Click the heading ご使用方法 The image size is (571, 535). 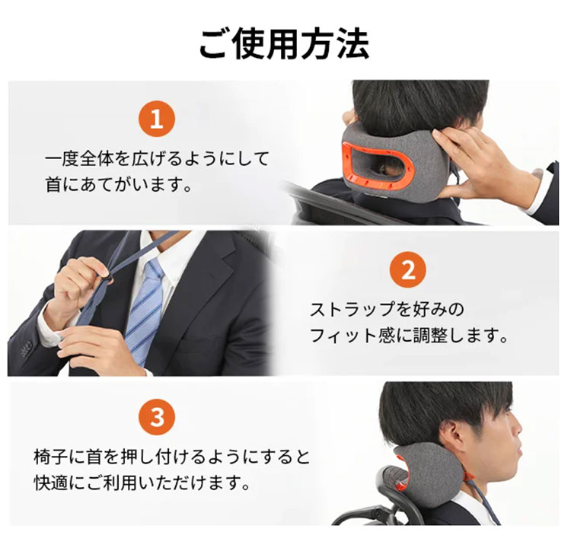pos(285,44)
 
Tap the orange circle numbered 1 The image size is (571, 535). pos(157,119)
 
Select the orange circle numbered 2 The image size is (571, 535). pos(408,269)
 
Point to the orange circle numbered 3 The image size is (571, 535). pos(157,417)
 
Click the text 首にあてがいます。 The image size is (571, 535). pos(119,184)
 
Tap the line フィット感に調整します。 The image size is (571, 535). pos(409,335)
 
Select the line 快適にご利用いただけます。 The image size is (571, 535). pos(142,482)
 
